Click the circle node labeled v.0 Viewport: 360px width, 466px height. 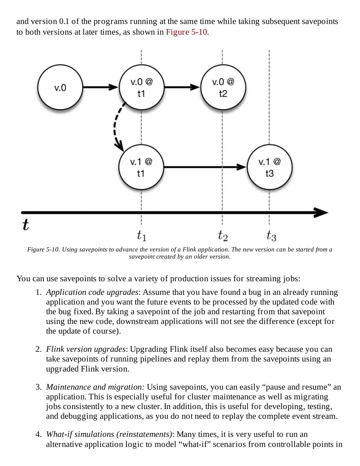pos(60,88)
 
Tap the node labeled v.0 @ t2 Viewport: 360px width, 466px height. pos(223,87)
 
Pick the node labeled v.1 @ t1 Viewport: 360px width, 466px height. pos(141,167)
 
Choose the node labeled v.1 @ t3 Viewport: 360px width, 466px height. pos(269,167)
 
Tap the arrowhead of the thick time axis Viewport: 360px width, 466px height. pos(322,213)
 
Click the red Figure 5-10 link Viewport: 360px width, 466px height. pos(187,32)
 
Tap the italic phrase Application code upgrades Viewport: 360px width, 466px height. pos(92,292)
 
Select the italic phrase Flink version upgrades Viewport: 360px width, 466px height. pos(86,349)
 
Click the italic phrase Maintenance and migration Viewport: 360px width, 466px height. pos(95,387)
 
